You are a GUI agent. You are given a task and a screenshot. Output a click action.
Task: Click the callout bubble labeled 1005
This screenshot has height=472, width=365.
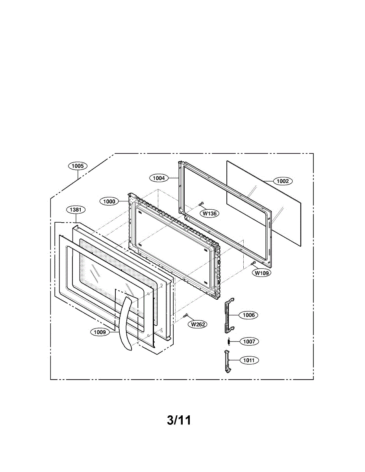pyautogui.click(x=78, y=166)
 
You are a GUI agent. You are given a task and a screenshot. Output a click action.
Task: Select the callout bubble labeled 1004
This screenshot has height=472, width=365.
pyautogui.click(x=159, y=178)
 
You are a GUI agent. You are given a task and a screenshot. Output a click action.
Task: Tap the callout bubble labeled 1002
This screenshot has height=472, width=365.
pyautogui.click(x=282, y=181)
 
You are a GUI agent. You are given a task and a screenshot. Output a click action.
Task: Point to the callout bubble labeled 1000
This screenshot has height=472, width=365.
pyautogui.click(x=109, y=201)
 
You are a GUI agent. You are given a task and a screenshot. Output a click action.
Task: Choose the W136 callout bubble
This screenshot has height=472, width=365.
pyautogui.click(x=210, y=214)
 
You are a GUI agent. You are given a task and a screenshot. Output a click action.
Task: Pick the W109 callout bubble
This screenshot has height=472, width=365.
pyautogui.click(x=262, y=273)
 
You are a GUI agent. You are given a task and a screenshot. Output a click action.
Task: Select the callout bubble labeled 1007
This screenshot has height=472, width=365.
pyautogui.click(x=249, y=341)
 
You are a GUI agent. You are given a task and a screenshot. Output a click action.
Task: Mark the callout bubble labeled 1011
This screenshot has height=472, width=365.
pyautogui.click(x=249, y=360)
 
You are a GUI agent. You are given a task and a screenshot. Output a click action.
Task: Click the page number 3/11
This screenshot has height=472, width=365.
pyautogui.click(x=179, y=420)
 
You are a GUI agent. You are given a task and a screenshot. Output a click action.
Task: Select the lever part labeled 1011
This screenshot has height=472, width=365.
pyautogui.click(x=227, y=360)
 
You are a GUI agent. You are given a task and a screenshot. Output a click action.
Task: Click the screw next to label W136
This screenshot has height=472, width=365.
pyautogui.click(x=201, y=204)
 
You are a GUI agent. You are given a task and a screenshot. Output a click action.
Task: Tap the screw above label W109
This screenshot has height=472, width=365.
pyautogui.click(x=254, y=263)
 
